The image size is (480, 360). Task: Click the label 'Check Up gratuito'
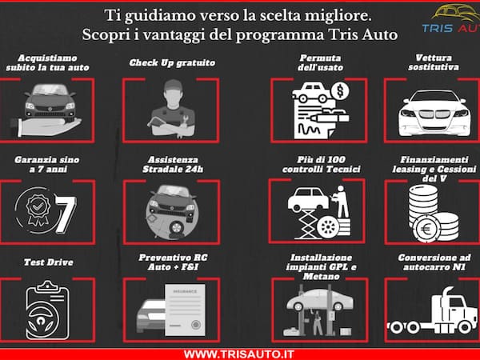pyautogui.click(x=171, y=62)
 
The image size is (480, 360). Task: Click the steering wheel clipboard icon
pyautogui.click(x=47, y=308)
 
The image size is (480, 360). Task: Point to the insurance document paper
pyautogui.click(x=186, y=308)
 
